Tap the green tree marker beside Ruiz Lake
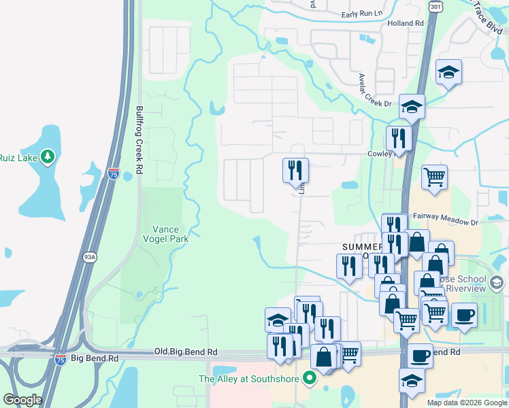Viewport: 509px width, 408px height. point(47,158)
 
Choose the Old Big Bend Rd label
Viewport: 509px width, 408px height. point(186,352)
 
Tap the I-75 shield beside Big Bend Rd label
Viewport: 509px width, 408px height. point(61,358)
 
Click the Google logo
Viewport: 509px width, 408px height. point(22,400)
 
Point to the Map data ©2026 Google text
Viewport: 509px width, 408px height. point(467,403)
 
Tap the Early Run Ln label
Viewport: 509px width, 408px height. point(362,14)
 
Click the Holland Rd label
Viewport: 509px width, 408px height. point(406,23)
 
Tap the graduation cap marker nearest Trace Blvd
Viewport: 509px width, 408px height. point(448,71)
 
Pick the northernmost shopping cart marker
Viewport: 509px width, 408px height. point(434,177)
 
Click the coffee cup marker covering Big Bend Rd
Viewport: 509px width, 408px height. point(420,354)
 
